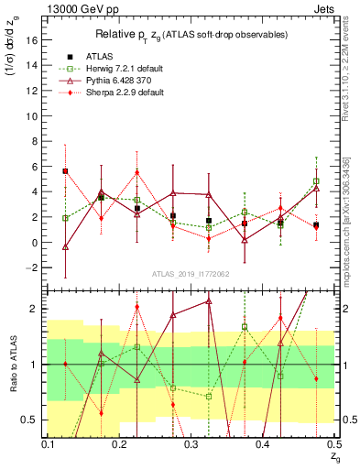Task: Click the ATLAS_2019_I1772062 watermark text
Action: (x=190, y=274)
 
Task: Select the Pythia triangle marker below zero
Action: (x=65, y=247)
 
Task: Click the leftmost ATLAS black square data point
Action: (x=65, y=171)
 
